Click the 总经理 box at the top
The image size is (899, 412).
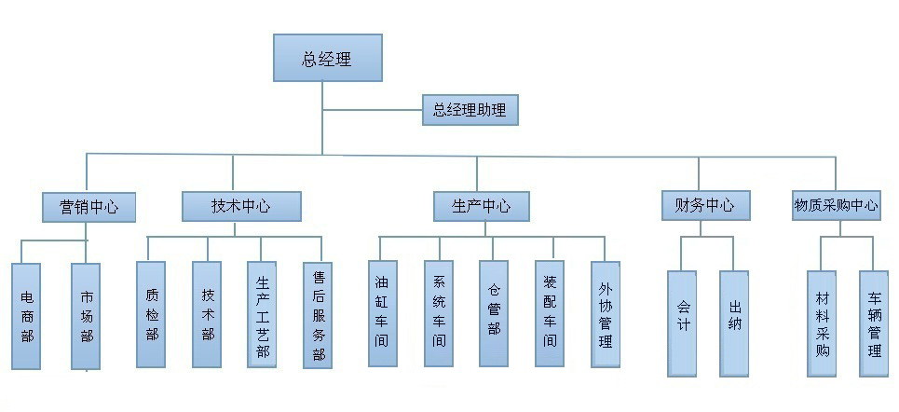coord(327,58)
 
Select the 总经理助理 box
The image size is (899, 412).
coord(469,110)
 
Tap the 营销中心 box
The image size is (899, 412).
coord(89,206)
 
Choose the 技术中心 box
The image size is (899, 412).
coord(240,206)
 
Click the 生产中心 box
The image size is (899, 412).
coord(481,206)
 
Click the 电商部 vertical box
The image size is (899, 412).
coord(28,316)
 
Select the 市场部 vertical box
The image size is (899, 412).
coord(86,316)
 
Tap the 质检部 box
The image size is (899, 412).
coord(151,313)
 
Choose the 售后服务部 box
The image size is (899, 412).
coord(319,315)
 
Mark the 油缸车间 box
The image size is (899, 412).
coord(382,313)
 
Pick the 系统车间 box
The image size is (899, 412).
coord(438,313)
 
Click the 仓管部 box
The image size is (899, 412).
coord(494,313)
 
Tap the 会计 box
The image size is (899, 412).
coord(682,323)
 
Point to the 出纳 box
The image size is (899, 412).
coord(734,323)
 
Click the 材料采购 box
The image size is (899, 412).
coord(822,323)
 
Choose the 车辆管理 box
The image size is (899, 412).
coord(874,323)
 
